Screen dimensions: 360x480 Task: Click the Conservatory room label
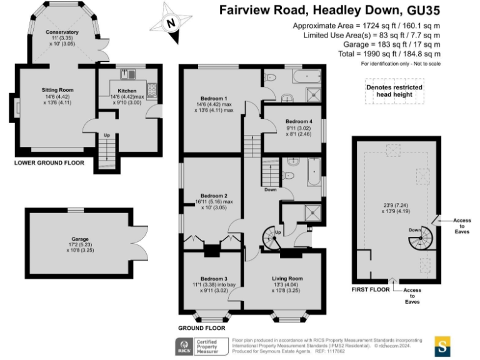click(62, 32)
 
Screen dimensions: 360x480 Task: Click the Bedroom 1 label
click(213, 99)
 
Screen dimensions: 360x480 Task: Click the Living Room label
click(287, 278)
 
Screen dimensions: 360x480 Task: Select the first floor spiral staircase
click(427, 237)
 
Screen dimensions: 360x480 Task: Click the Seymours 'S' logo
click(442, 346)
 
